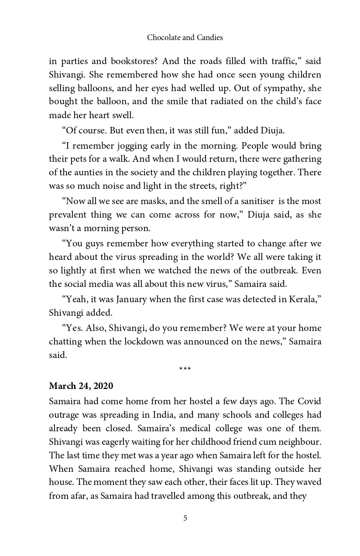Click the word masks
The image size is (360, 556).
pyautogui.click(x=148, y=201)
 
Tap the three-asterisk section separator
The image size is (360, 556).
pyautogui.click(x=185, y=369)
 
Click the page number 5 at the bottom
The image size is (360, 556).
pyautogui.click(x=185, y=518)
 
